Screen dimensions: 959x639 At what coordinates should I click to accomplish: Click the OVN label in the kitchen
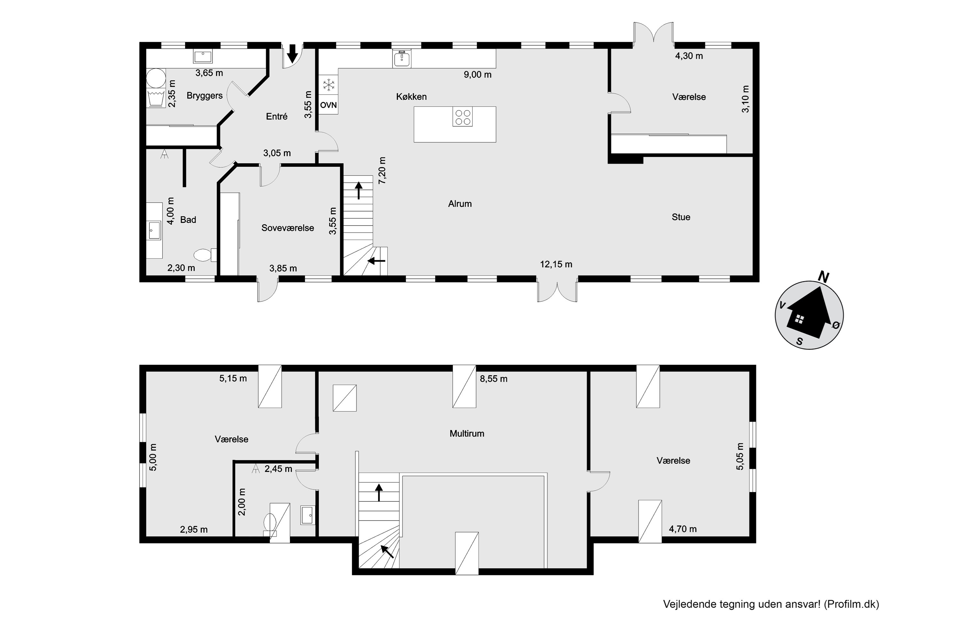(x=328, y=105)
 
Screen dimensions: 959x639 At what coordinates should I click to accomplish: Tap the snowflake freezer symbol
(x=328, y=85)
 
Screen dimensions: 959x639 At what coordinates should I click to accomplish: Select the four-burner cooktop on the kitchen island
(x=462, y=117)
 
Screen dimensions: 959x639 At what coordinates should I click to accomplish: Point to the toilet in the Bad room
(x=205, y=255)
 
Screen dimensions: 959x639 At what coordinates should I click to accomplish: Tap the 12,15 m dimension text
(x=556, y=265)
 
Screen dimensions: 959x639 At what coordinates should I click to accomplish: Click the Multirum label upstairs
(x=467, y=434)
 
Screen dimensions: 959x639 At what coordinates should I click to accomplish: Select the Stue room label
(x=681, y=217)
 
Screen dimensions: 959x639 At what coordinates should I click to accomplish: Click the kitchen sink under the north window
(x=402, y=58)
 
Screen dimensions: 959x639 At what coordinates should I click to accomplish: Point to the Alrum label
(x=460, y=204)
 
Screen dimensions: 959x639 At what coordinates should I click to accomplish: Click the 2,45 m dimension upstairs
(x=278, y=469)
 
